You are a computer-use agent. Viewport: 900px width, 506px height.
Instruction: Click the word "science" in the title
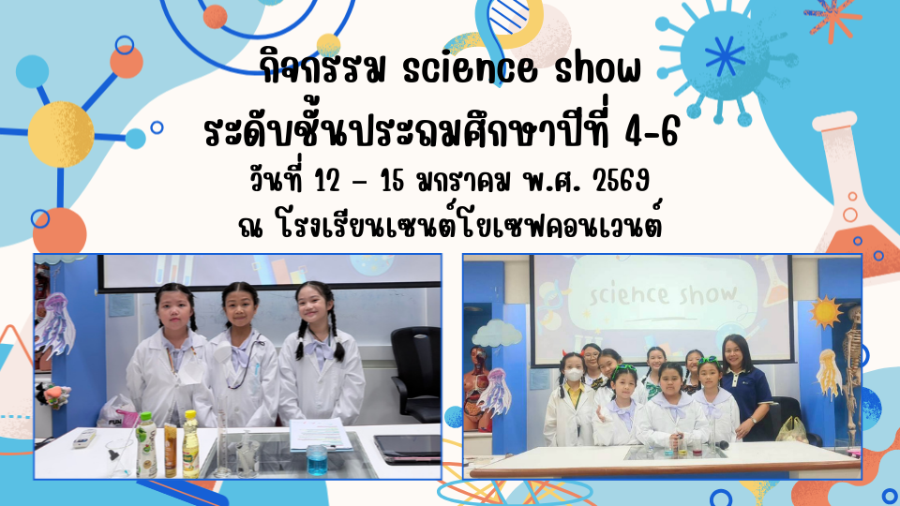pyautogui.click(x=470, y=69)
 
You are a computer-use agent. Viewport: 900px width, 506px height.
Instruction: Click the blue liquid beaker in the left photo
pyautogui.click(x=316, y=460)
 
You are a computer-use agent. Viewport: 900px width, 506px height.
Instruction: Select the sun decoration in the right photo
pyautogui.click(x=825, y=311)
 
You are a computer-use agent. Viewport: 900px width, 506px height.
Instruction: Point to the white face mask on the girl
pyautogui.click(x=572, y=376)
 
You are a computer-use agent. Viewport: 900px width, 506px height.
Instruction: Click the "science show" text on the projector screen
pyautogui.click(x=663, y=294)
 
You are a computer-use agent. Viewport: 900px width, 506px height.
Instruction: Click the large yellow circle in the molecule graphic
pyautogui.click(x=61, y=134)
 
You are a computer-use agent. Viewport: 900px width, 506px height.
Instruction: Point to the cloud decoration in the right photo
pyautogui.click(x=496, y=333)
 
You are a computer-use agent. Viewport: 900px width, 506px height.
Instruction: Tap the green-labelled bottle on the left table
pyautogui.click(x=146, y=444)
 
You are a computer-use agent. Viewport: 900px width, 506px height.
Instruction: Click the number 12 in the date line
pyautogui.click(x=328, y=182)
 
